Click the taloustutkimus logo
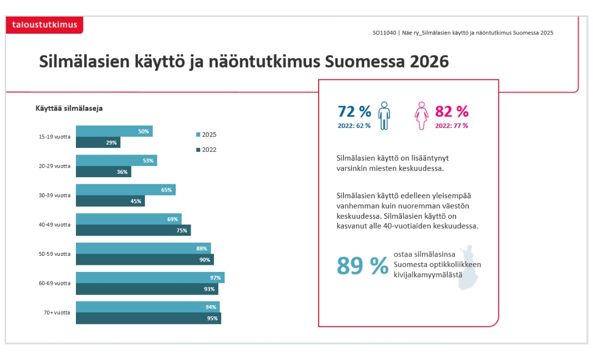pyautogui.click(x=45, y=25)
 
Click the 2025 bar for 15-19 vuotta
pyautogui.click(x=114, y=131)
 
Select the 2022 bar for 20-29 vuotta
pyautogui.click(x=103, y=172)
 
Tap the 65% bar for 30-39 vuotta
pyautogui.click(x=125, y=190)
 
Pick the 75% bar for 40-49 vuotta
pyautogui.click(x=133, y=230)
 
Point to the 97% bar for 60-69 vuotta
pyautogui.click(x=150, y=277)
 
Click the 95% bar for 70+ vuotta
pyautogui.click(x=148, y=318)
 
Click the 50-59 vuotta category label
pyautogui.click(x=54, y=254)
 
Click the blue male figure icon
pyautogui.click(x=384, y=115)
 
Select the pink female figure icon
pyautogui.click(x=422, y=115)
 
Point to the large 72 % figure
pyautogui.click(x=354, y=111)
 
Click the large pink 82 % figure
pyautogui.click(x=452, y=111)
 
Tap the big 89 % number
pyautogui.click(x=362, y=266)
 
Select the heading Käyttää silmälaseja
pyautogui.click(x=69, y=108)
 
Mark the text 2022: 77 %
pyautogui.click(x=451, y=126)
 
